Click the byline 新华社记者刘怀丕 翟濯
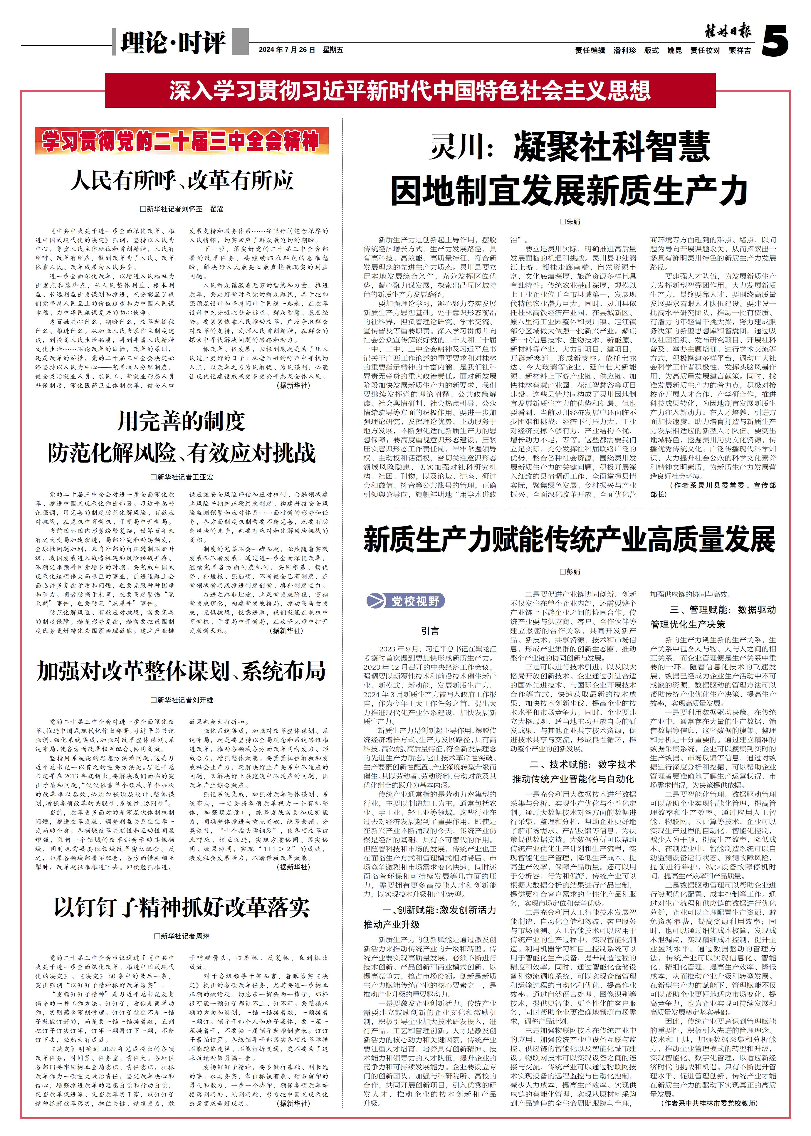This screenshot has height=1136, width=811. [182, 209]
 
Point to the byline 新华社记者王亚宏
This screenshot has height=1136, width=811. [182, 477]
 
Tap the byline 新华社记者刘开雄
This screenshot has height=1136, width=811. [182, 700]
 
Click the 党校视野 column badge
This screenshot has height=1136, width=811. [405, 601]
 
